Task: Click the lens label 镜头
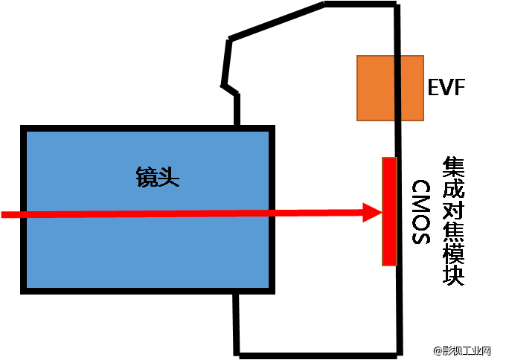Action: (x=158, y=177)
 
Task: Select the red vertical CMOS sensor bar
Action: (x=389, y=211)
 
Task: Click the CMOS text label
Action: (x=420, y=212)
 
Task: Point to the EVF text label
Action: (x=446, y=88)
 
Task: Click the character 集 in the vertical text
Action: (x=453, y=165)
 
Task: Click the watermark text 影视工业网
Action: (x=467, y=350)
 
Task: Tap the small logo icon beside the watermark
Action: (x=436, y=350)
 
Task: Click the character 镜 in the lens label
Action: (x=147, y=177)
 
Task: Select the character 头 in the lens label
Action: (x=169, y=177)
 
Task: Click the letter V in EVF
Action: (x=446, y=88)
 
